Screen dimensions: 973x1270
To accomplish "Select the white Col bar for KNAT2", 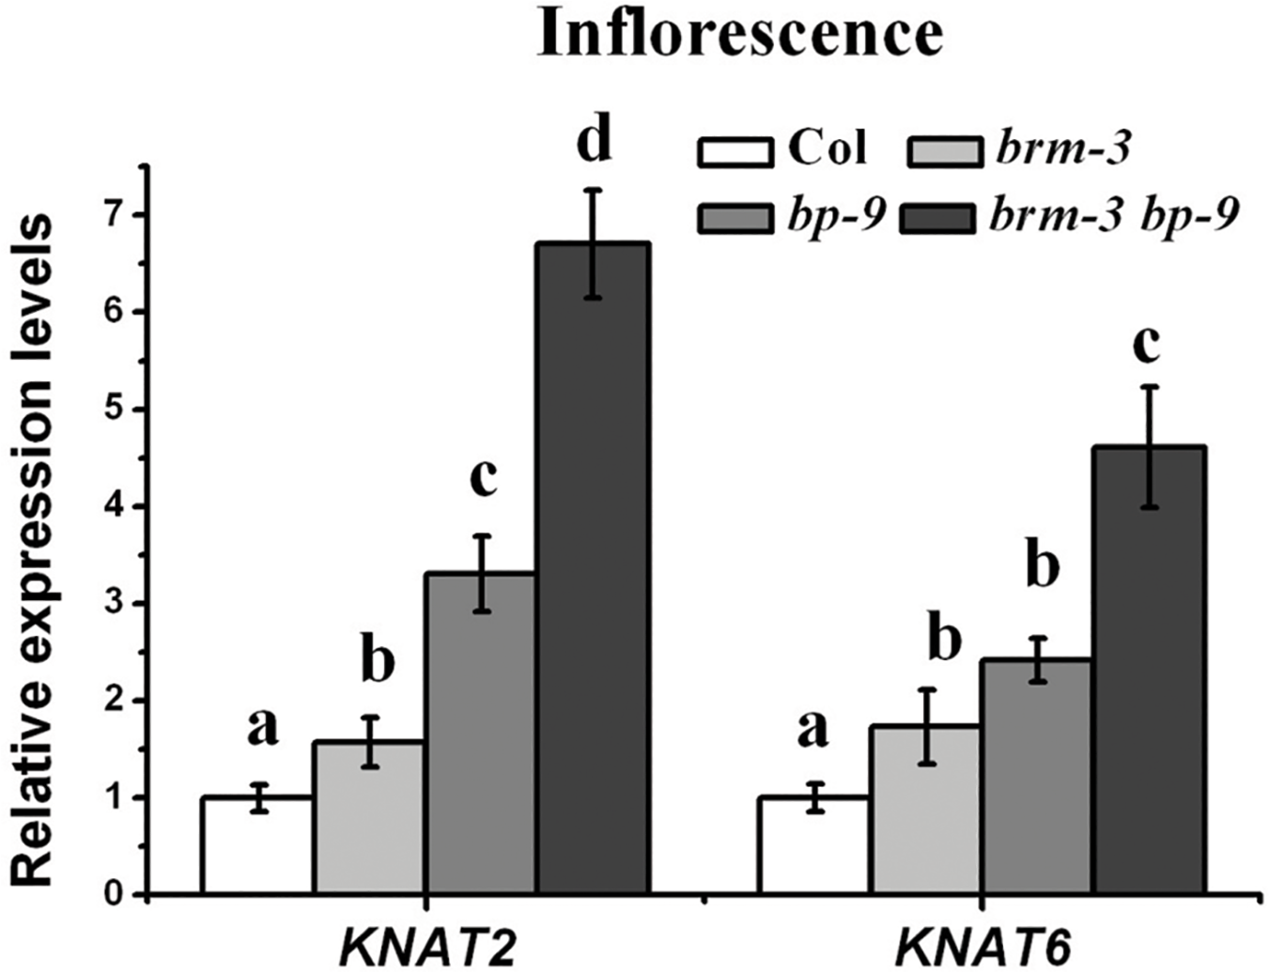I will (256, 845).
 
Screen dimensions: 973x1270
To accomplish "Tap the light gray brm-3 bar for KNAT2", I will (368, 817).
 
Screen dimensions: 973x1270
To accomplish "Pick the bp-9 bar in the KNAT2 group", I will (480, 733).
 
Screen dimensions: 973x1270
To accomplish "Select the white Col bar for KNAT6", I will (813, 845).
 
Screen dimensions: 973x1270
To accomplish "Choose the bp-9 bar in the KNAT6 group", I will (1036, 776).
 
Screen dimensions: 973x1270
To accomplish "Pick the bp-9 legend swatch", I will (736, 218).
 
